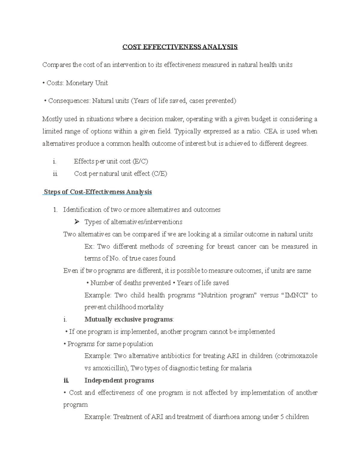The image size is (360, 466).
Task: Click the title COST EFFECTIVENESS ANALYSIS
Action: click(180, 47)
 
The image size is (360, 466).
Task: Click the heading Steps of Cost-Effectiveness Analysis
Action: click(98, 192)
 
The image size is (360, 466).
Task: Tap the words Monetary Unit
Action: click(87, 83)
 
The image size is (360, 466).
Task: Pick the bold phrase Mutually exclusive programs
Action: click(129, 320)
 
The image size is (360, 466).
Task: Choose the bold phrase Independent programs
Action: click(119, 380)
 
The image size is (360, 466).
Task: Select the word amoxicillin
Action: click(110, 368)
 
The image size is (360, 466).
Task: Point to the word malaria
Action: click(241, 368)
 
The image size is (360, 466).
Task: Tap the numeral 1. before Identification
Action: click(55, 210)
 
